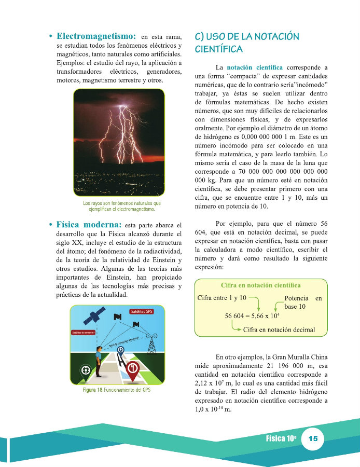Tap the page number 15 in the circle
tap(313, 439)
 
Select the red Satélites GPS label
tap(142, 311)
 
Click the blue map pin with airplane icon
tap(120, 351)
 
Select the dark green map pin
tap(85, 370)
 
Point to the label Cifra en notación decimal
tap(279, 329)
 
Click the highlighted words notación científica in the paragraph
tap(255, 67)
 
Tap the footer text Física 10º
tap(281, 439)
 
